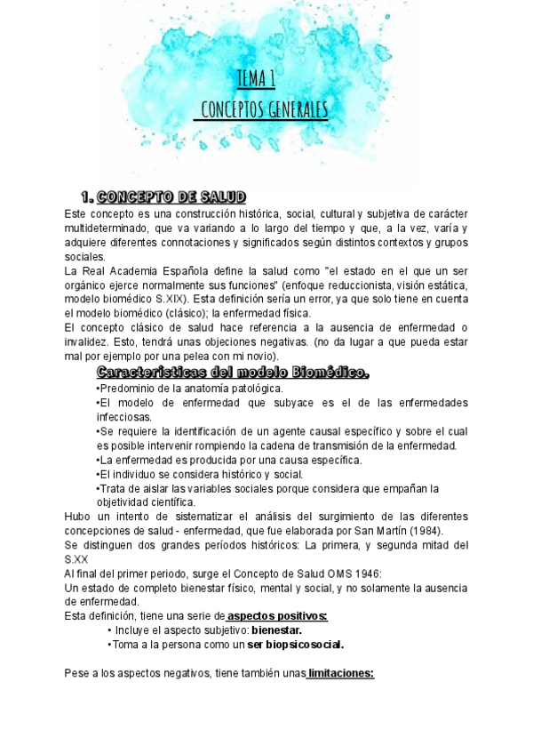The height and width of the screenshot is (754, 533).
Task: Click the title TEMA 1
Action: (x=255, y=79)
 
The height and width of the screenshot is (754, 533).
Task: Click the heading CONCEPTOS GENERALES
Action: (x=264, y=110)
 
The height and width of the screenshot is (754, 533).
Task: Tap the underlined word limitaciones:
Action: (x=341, y=673)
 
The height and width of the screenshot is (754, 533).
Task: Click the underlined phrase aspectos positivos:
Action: (x=277, y=616)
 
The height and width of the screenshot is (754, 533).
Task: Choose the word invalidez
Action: (x=91, y=342)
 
